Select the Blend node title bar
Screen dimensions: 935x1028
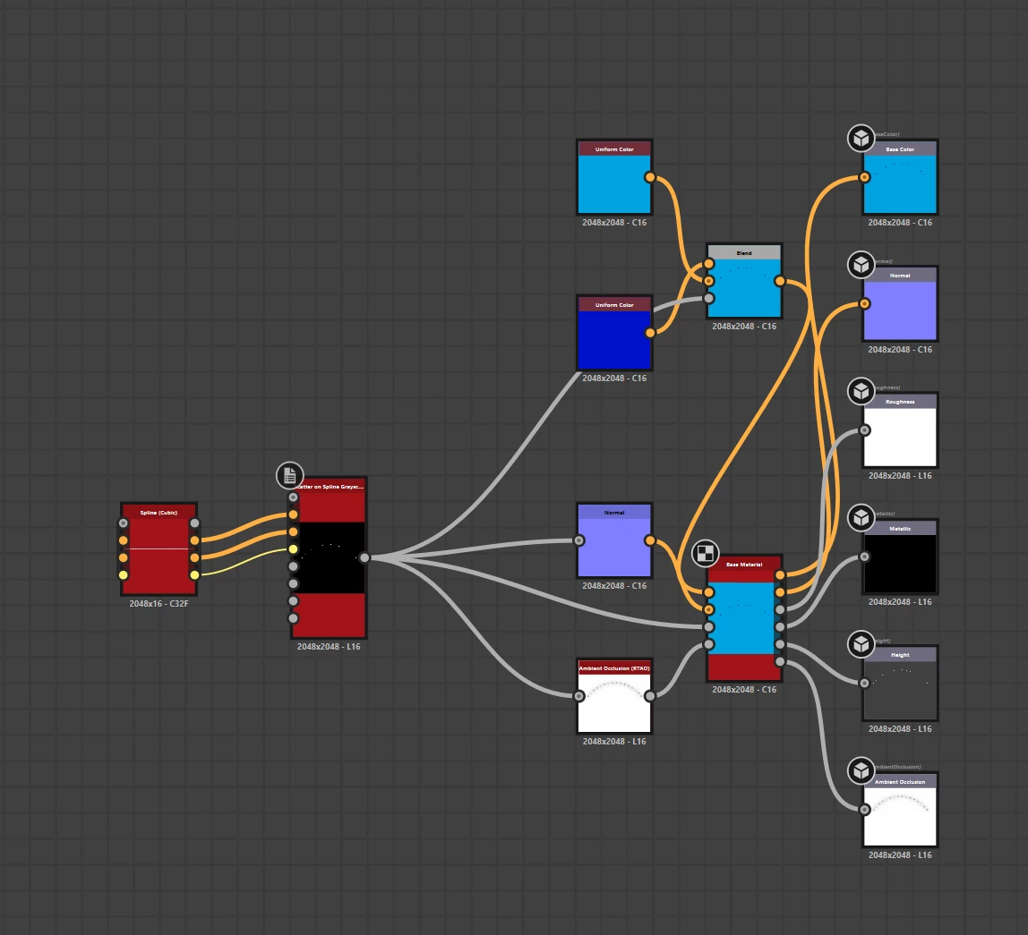[x=744, y=253]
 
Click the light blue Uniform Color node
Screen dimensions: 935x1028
[x=614, y=183]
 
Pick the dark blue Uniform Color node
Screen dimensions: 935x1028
[x=614, y=339]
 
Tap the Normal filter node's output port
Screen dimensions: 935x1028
[x=649, y=540]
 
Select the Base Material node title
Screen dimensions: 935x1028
[x=744, y=565]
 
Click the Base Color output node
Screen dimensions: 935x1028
[x=900, y=183]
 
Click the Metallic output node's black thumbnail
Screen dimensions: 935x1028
[x=900, y=563]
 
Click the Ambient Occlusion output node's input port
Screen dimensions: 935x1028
[x=864, y=810]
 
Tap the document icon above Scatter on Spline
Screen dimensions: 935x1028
[x=289, y=476]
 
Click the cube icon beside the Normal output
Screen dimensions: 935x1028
[x=861, y=265]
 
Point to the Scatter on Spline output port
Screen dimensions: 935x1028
[x=364, y=558]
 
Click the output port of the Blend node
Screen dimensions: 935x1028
[x=780, y=281]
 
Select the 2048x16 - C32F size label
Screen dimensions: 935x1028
[x=158, y=604]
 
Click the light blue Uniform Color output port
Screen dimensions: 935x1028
[x=649, y=177]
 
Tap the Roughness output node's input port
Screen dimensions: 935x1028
[x=864, y=430]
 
